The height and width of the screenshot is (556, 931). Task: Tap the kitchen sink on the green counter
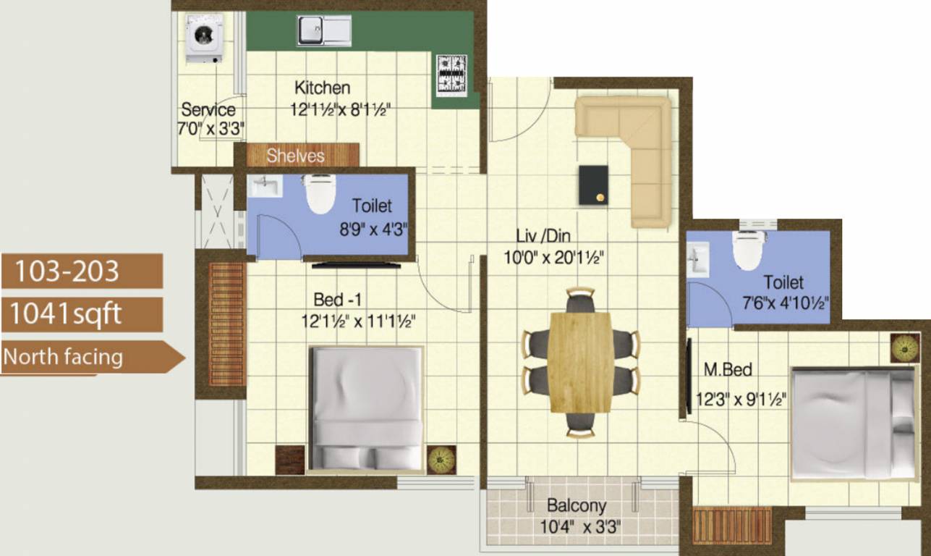pyautogui.click(x=323, y=30)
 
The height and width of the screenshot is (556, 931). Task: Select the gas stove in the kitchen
pyautogui.click(x=451, y=75)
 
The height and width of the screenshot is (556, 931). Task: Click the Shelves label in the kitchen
pyautogui.click(x=295, y=156)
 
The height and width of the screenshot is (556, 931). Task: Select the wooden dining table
pyautogui.click(x=580, y=362)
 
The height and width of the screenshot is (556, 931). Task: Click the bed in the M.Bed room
pyautogui.click(x=853, y=423)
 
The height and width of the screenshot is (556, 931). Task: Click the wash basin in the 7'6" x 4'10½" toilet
pyautogui.click(x=699, y=259)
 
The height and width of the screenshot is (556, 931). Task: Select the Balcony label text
pyautogui.click(x=577, y=505)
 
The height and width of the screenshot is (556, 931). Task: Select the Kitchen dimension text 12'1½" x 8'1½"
pyautogui.click(x=340, y=111)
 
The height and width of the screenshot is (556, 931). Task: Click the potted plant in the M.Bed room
pyautogui.click(x=904, y=347)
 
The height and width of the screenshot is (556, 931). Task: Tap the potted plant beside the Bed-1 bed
pyautogui.click(x=441, y=459)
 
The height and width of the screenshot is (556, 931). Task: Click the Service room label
pyautogui.click(x=208, y=110)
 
